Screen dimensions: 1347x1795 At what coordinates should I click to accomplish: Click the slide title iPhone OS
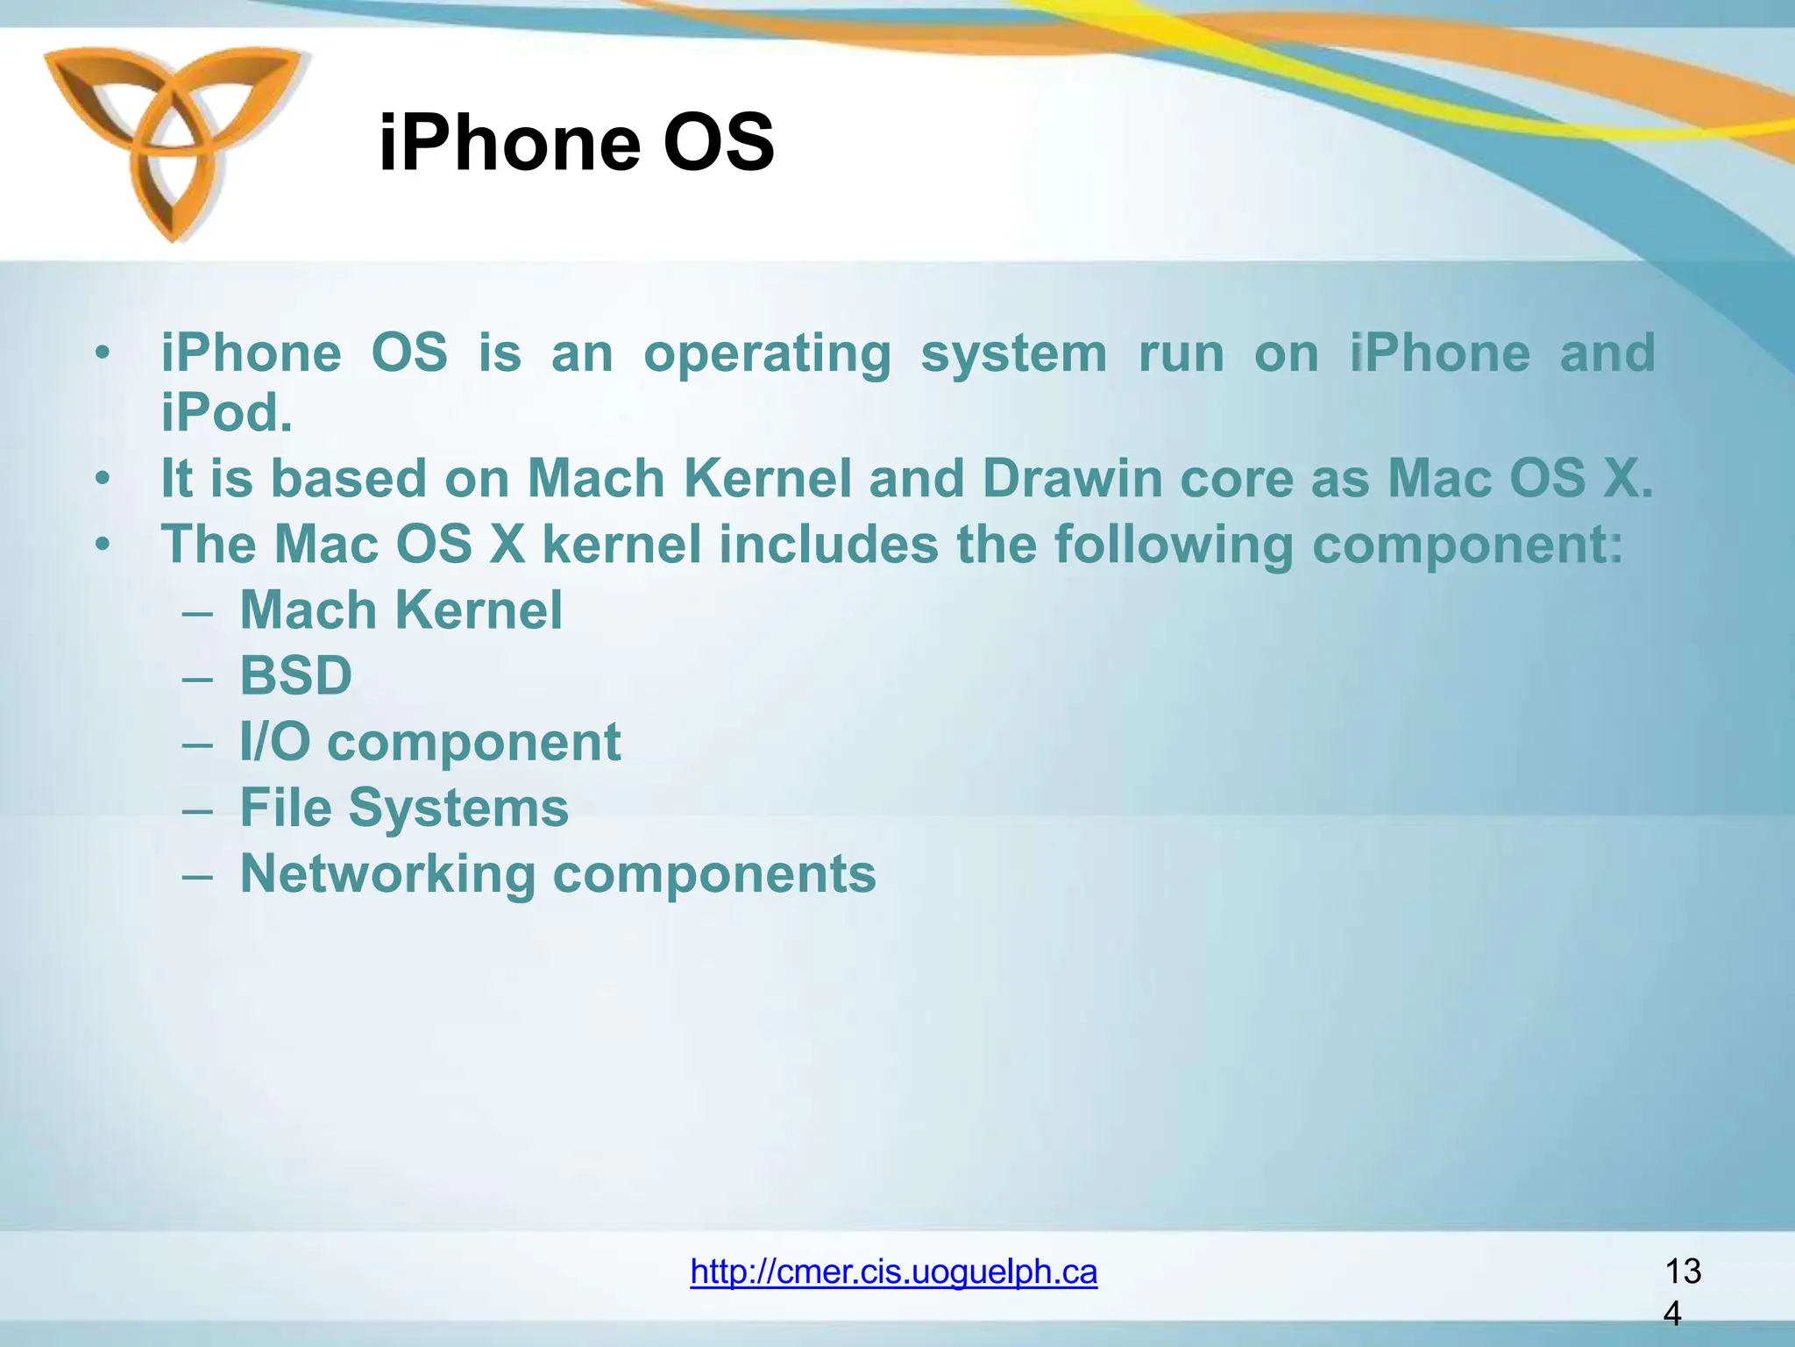(x=576, y=142)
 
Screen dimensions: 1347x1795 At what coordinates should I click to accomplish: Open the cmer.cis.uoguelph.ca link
(x=893, y=1271)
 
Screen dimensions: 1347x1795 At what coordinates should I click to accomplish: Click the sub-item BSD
(x=296, y=676)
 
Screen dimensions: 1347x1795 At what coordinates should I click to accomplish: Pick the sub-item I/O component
(x=429, y=742)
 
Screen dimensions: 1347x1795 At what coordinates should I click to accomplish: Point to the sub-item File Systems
(x=404, y=808)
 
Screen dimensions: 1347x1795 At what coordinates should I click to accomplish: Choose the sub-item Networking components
(x=557, y=873)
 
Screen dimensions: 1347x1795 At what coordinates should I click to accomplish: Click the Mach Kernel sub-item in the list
(x=401, y=610)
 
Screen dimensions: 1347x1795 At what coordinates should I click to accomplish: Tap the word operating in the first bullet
(x=767, y=354)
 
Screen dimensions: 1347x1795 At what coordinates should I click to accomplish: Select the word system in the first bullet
(x=1013, y=354)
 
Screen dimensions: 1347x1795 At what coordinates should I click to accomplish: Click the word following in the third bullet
(x=1173, y=545)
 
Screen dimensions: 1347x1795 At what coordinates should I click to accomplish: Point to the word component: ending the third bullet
(x=1467, y=545)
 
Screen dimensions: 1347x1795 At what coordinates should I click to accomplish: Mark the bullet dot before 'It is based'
(x=103, y=479)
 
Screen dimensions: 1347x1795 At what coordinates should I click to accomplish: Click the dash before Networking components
(x=198, y=875)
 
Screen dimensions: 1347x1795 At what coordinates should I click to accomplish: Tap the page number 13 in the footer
(x=1682, y=1271)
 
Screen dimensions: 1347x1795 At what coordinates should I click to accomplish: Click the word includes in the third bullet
(x=828, y=545)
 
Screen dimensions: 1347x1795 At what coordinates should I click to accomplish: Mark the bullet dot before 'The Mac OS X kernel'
(x=103, y=545)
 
